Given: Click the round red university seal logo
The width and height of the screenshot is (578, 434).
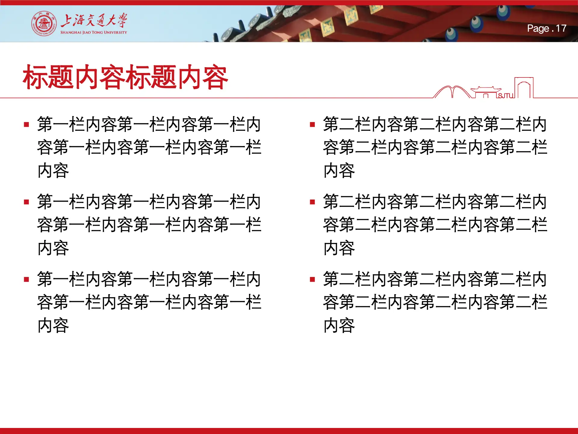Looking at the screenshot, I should click(x=44, y=24).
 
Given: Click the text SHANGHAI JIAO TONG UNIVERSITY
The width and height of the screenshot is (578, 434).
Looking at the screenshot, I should click(x=94, y=32).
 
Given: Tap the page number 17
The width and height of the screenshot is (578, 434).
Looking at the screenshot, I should click(x=561, y=28).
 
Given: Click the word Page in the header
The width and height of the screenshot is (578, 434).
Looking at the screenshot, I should click(x=538, y=28).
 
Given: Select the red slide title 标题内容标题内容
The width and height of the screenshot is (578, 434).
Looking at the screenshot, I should click(x=125, y=77).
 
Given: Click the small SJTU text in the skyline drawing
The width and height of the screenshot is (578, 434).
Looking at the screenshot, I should click(x=506, y=96).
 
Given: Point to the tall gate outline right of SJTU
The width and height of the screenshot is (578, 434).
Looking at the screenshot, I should click(x=524, y=87).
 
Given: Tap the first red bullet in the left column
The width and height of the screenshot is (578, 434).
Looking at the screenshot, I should click(x=26, y=124).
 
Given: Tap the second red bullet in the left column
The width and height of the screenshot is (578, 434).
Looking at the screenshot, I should click(x=26, y=202).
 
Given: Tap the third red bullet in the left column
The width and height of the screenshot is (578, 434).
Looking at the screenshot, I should click(x=26, y=279).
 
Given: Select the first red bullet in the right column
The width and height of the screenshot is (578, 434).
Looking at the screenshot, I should click(x=312, y=124).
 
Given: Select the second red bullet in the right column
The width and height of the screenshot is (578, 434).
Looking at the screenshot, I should click(x=312, y=202).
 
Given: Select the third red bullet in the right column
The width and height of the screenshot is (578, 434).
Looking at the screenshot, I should click(x=312, y=279).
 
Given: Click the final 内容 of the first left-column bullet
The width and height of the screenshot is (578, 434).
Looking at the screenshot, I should click(x=53, y=171).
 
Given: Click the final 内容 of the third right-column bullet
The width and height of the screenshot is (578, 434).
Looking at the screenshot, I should click(x=339, y=325).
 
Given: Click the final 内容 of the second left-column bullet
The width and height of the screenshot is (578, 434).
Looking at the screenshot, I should click(x=53, y=248).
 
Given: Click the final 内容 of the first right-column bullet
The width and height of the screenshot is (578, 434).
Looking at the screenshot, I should click(x=339, y=171).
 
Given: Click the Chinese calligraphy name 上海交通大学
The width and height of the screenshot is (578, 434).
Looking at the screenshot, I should click(x=94, y=20).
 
